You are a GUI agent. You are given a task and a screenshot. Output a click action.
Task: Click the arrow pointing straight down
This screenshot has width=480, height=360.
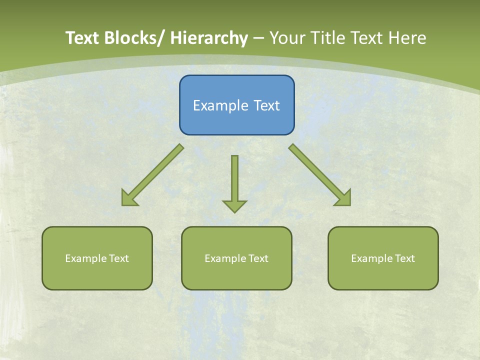[x=234, y=180]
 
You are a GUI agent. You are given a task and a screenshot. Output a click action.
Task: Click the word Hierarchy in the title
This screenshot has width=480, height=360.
[x=209, y=38]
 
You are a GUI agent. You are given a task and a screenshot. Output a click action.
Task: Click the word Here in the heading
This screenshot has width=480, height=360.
[x=407, y=38]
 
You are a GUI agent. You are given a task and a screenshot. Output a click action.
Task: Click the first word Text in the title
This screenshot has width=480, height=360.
[x=83, y=38]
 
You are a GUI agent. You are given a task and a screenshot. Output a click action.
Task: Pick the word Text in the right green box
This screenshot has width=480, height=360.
[x=404, y=258]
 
